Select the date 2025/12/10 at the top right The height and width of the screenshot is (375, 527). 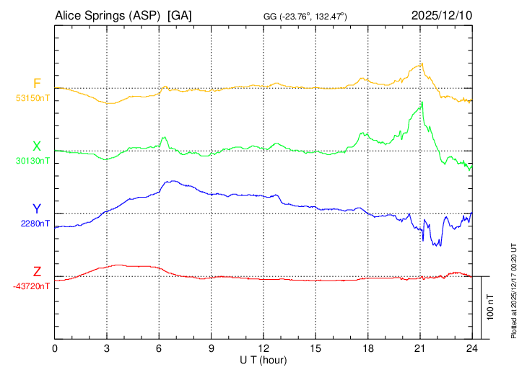[x=442, y=15]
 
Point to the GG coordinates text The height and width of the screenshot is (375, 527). [x=305, y=16]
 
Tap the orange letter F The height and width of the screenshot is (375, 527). [x=37, y=83]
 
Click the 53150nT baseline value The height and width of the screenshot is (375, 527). [x=33, y=97]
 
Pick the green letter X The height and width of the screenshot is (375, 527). [x=37, y=146]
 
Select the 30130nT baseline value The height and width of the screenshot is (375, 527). [x=33, y=161]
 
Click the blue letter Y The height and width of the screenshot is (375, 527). [x=37, y=209]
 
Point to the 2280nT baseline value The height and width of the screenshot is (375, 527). [x=35, y=224]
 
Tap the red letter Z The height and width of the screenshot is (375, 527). [x=37, y=272]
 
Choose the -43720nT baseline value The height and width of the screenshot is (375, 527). [x=32, y=286]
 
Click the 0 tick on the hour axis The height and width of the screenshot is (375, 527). [x=55, y=348]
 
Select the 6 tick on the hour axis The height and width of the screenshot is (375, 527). [x=159, y=348]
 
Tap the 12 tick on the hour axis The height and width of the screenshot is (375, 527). [x=263, y=348]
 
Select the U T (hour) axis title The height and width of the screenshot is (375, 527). [x=263, y=359]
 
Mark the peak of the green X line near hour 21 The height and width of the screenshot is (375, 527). [x=422, y=102]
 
